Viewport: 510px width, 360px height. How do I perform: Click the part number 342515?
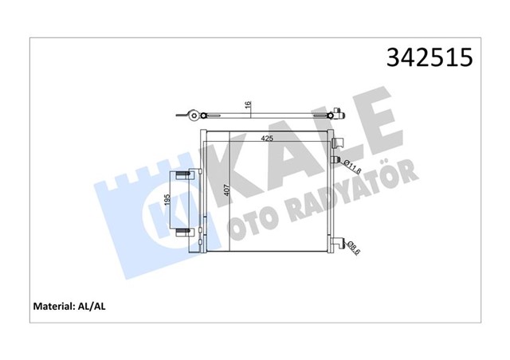pyautogui.click(x=429, y=58)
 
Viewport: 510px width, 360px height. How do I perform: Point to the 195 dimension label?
pyautogui.click(x=167, y=203)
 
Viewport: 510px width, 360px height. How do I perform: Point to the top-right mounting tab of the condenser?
pyautogui.click(x=339, y=143)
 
